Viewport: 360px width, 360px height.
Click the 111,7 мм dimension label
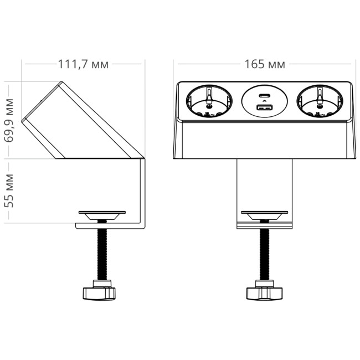coord(83,64)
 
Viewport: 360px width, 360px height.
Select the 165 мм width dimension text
coord(265,64)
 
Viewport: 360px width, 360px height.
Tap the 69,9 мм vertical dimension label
coord(9,120)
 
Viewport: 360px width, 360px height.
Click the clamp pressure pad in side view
coord(102,214)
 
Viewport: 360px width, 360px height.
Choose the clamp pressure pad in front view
coord(265,214)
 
